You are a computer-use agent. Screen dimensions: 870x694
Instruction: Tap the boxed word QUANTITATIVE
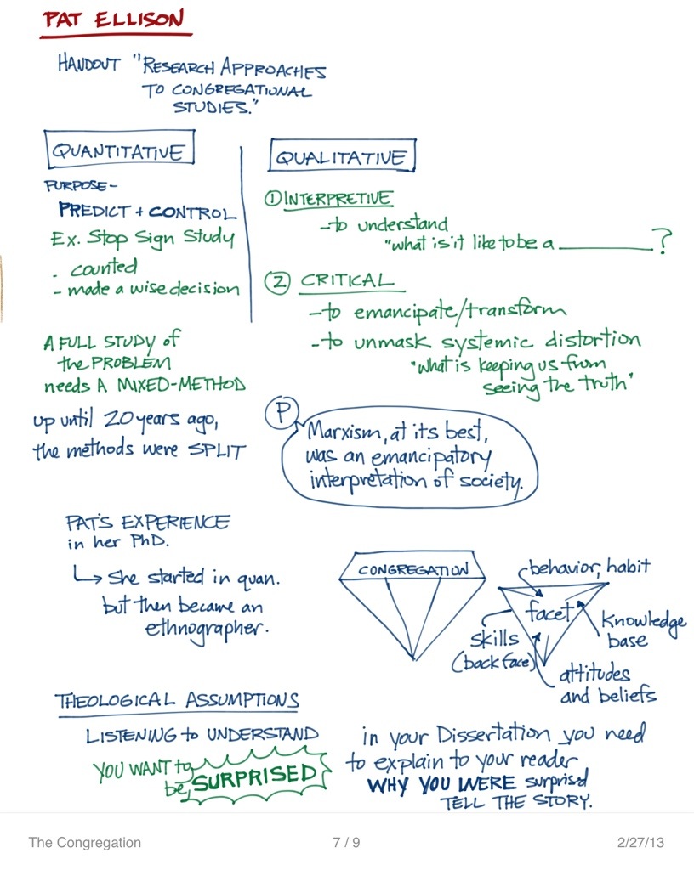tap(119, 151)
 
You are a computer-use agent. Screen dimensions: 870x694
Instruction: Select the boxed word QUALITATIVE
tap(342, 158)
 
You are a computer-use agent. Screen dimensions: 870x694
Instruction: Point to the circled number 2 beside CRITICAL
tap(276, 282)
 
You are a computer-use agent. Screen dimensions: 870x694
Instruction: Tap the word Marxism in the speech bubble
tap(347, 432)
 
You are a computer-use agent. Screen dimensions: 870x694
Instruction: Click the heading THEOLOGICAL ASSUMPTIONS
tap(177, 702)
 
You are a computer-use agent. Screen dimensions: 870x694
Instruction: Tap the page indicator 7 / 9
tap(347, 843)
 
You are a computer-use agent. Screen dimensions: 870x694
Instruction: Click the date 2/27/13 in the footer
tap(640, 843)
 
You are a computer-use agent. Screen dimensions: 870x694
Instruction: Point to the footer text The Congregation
tap(85, 843)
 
